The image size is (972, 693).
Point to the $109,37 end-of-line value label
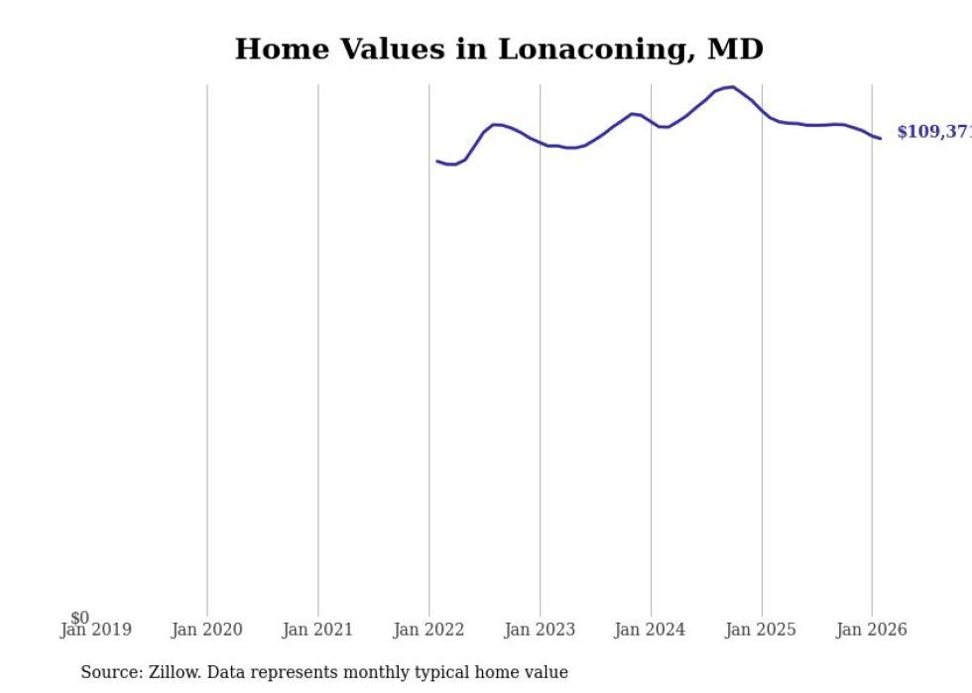(x=933, y=132)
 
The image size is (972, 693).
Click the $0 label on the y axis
(x=79, y=619)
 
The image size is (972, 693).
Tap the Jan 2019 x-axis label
(x=95, y=631)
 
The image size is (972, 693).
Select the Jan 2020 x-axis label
(x=206, y=631)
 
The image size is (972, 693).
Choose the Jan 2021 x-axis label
(x=317, y=631)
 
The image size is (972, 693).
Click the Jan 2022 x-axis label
(x=428, y=631)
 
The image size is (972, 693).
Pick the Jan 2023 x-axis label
(x=540, y=631)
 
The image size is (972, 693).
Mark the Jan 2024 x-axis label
(x=650, y=631)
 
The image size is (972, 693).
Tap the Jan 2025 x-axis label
(x=761, y=631)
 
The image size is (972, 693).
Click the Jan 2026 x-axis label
(x=872, y=631)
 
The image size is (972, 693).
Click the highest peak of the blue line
(x=732, y=87)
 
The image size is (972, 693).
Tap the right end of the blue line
(x=880, y=139)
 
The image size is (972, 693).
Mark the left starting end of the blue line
(x=437, y=161)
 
